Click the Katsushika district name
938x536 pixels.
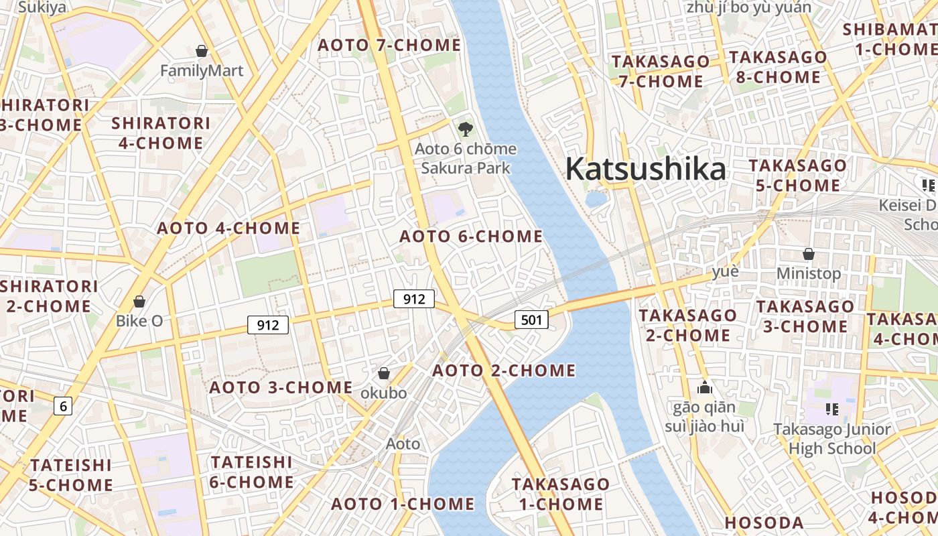(645, 169)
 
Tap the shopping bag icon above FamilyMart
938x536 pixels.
(201, 51)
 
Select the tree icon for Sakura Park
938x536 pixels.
(465, 129)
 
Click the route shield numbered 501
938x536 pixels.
(531, 320)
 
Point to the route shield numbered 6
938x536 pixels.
(63, 405)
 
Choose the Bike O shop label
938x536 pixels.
(139, 320)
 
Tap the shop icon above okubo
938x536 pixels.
(384, 373)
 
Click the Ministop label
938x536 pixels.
(808, 273)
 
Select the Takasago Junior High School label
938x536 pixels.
(831, 438)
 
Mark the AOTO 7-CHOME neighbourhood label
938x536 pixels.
(389, 45)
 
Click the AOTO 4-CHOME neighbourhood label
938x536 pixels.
(228, 228)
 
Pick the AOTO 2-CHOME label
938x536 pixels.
(504, 371)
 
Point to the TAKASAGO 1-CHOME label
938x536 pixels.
(561, 494)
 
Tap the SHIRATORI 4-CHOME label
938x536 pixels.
(161, 133)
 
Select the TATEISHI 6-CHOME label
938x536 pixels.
(251, 472)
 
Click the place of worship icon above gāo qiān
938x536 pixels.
(704, 387)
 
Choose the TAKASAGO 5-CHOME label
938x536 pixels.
(797, 175)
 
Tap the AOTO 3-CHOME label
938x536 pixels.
(281, 387)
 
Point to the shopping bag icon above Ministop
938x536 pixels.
(809, 254)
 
